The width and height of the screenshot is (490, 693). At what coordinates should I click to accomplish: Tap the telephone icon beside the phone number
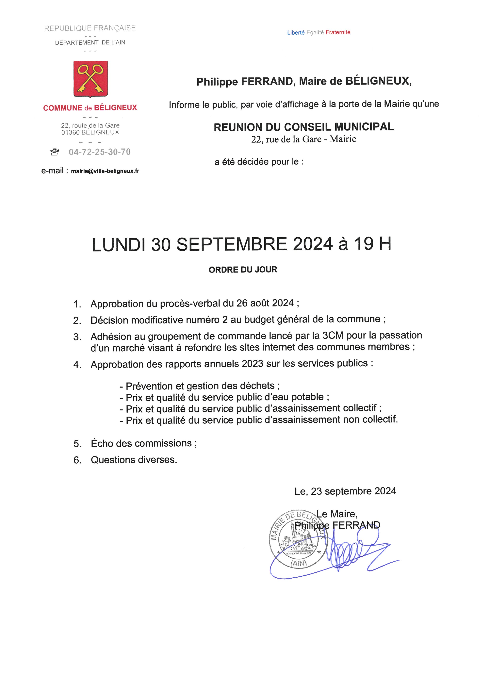click(55, 152)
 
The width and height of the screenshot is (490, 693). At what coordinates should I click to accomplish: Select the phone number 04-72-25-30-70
click(100, 152)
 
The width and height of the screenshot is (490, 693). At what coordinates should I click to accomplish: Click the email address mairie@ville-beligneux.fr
click(105, 171)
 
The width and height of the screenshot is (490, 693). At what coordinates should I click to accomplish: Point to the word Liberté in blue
click(296, 33)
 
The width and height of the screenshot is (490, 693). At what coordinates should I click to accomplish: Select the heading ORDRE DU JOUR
click(243, 270)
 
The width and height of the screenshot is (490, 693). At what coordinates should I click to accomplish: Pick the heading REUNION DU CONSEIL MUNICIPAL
click(304, 127)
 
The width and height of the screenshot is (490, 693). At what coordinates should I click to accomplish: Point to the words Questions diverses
click(134, 460)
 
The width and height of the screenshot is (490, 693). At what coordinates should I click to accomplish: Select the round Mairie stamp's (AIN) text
click(298, 563)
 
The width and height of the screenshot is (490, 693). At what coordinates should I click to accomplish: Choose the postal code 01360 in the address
click(71, 132)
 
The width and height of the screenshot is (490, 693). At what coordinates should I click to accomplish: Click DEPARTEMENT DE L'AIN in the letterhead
click(90, 42)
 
